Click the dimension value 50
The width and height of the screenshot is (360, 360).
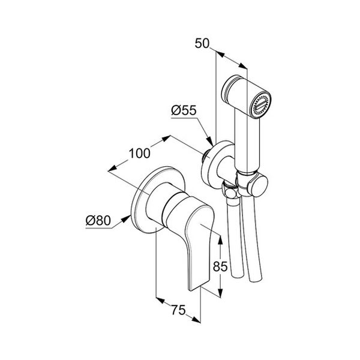coord(202,43)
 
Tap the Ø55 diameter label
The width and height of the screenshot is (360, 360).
coord(184,110)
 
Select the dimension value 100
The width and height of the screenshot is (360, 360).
coord(140,153)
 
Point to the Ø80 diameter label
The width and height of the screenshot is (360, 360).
coord(98,221)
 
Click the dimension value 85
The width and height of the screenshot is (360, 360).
coord(220,266)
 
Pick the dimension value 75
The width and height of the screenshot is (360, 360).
coord(178,310)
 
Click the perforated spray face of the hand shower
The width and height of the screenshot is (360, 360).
coord(261,105)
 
